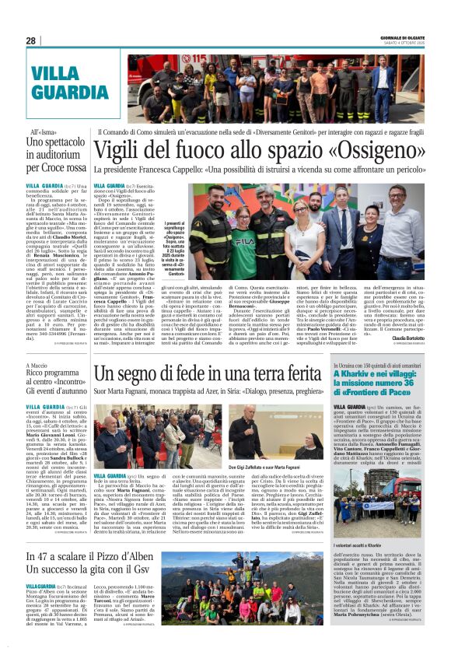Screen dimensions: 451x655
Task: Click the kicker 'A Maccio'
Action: pos(37,364)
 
